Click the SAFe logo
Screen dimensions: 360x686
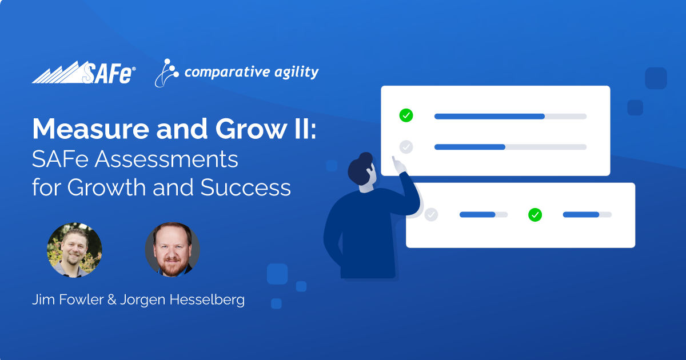point(84,73)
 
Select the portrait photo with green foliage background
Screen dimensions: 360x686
point(74,250)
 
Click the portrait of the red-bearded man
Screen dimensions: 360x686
point(172,250)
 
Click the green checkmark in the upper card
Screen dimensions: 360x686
point(406,115)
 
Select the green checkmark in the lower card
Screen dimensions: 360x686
point(535,215)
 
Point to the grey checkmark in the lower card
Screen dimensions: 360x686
point(431,215)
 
